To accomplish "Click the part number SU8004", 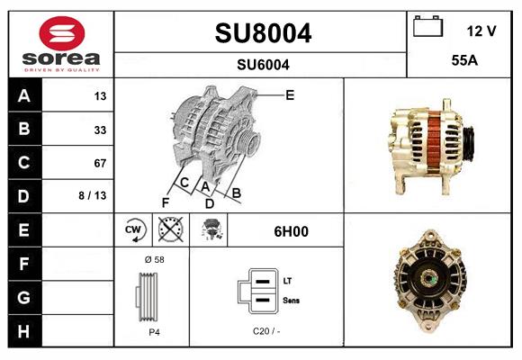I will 263,33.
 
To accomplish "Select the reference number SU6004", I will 263,64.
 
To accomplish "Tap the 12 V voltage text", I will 481,31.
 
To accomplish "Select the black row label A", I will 23,95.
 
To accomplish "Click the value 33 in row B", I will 100,130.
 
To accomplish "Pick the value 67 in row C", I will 100,163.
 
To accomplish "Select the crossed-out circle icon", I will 169,231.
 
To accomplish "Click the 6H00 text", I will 291,231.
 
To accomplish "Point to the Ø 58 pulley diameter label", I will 153,259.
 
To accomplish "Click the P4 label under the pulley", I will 154,331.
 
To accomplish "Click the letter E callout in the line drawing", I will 290,94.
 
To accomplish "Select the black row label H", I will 23,330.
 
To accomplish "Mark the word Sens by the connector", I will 291,299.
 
